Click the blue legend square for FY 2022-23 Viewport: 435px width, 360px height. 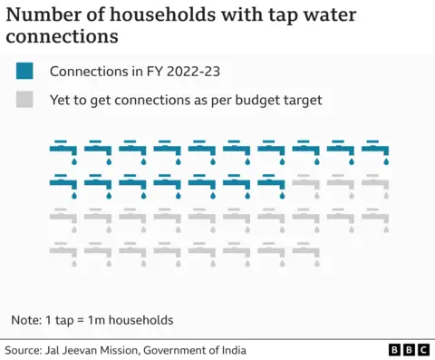point(24,72)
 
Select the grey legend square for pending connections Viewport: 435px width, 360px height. point(24,100)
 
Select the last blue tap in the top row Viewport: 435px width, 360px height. point(375,150)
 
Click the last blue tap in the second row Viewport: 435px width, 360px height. point(272,184)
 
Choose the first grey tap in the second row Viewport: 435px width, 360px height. point(306,184)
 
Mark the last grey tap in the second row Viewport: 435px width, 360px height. point(375,184)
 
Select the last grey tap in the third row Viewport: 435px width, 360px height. point(375,219)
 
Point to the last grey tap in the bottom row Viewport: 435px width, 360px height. point(375,252)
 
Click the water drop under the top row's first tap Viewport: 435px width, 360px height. point(74,161)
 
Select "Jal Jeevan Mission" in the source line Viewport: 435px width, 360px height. point(101,350)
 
